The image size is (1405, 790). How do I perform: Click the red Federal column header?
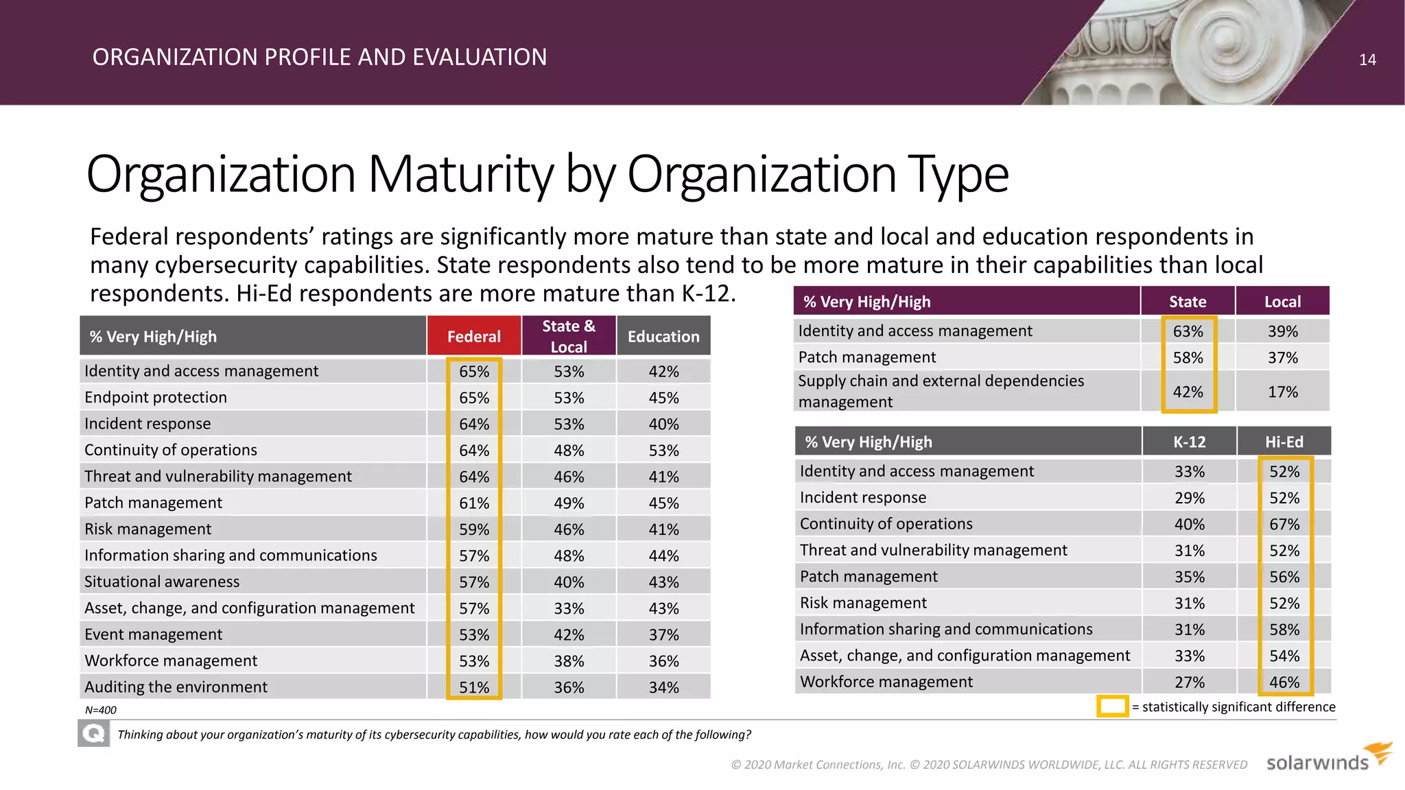pyautogui.click(x=473, y=336)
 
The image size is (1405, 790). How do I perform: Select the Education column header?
pyautogui.click(x=663, y=336)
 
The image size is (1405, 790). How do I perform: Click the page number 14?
pyautogui.click(x=1367, y=60)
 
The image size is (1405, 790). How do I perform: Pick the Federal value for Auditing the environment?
pyautogui.click(x=474, y=687)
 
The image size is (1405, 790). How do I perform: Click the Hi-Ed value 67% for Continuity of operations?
pyautogui.click(x=1284, y=524)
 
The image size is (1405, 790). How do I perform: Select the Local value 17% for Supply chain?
pyautogui.click(x=1282, y=392)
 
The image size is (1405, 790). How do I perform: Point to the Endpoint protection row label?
pyautogui.click(x=156, y=397)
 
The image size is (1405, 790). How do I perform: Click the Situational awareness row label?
pyautogui.click(x=162, y=582)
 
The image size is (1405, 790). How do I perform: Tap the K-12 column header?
pyautogui.click(x=1189, y=442)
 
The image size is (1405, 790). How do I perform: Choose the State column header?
pyautogui.click(x=1188, y=302)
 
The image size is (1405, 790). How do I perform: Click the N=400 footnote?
pyautogui.click(x=101, y=710)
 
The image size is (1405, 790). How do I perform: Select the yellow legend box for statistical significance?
pyautogui.click(x=1112, y=706)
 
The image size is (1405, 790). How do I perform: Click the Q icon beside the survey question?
pyautogui.click(x=93, y=734)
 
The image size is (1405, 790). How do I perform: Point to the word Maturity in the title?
pyautogui.click(x=460, y=174)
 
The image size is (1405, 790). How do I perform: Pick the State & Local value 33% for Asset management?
pyautogui.click(x=569, y=608)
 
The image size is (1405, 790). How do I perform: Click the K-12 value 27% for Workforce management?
pyautogui.click(x=1189, y=682)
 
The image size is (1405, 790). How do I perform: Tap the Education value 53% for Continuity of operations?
pyautogui.click(x=663, y=451)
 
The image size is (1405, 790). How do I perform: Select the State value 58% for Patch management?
pyautogui.click(x=1188, y=357)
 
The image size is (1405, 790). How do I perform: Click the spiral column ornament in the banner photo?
pyautogui.click(x=1214, y=48)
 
